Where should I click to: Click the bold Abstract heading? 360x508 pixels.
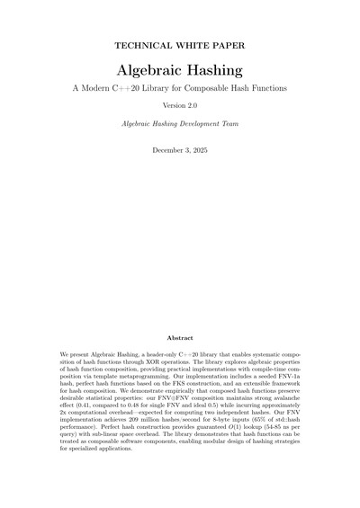(180, 338)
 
